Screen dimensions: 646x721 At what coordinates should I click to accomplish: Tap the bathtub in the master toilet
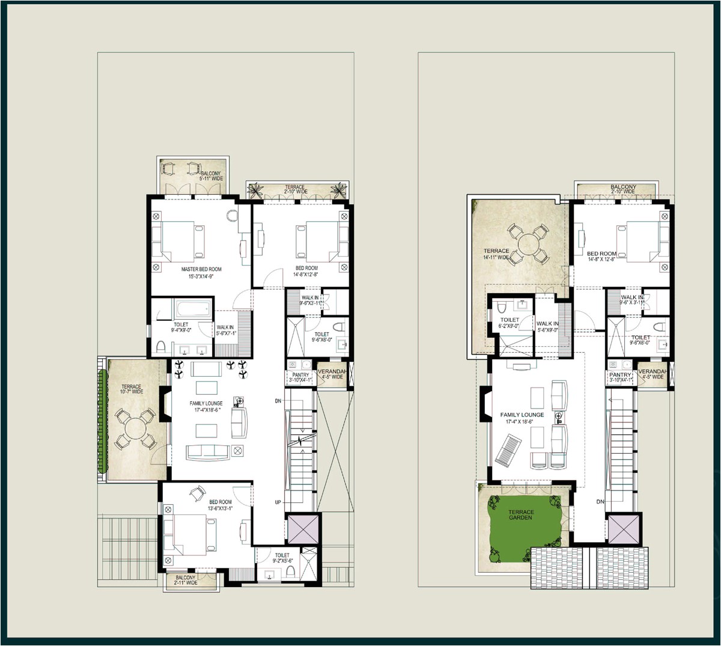click(x=192, y=309)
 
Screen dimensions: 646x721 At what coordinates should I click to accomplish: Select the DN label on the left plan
click(x=278, y=400)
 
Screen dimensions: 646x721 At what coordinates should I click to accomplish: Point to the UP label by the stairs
click(x=278, y=502)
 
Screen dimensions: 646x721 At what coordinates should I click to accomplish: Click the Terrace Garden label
click(x=521, y=514)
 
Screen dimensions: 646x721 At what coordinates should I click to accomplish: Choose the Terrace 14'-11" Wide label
click(x=496, y=254)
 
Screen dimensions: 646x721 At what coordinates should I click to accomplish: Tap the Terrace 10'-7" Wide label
click(x=132, y=389)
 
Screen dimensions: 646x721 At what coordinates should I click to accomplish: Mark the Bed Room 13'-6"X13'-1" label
click(x=221, y=505)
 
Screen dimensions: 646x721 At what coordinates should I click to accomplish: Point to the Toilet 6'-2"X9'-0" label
click(x=510, y=323)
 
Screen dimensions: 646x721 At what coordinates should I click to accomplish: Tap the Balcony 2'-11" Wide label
click(x=186, y=580)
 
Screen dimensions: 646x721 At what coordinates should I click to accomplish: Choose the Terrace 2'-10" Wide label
click(x=295, y=189)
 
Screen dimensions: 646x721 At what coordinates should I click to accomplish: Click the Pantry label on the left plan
click(x=299, y=377)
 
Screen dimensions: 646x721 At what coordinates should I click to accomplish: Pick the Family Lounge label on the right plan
click(x=522, y=418)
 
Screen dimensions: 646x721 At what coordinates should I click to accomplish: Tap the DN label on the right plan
click(x=600, y=502)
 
